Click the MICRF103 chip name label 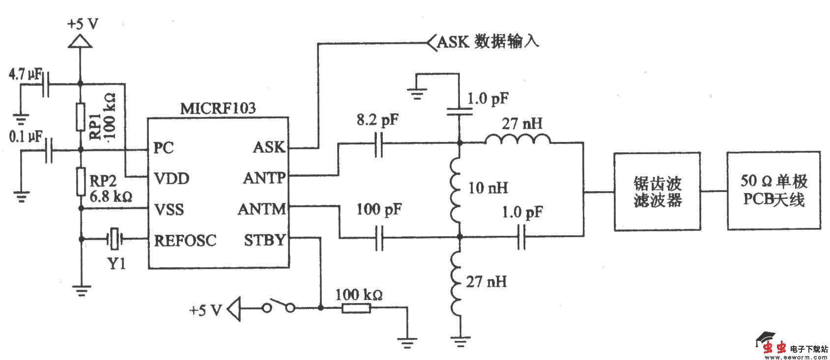tap(218, 108)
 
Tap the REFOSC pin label tap(185, 240)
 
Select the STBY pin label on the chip tap(264, 240)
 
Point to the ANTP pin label tap(264, 178)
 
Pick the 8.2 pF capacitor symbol tap(378, 143)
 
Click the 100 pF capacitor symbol tap(379, 238)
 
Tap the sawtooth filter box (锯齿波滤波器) tap(657, 192)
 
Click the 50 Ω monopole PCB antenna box tap(773, 191)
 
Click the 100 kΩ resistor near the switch tap(356, 308)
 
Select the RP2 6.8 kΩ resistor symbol tap(81, 181)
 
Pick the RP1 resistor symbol tap(81, 117)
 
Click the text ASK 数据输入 tap(487, 41)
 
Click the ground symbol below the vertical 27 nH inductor tap(460, 339)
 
